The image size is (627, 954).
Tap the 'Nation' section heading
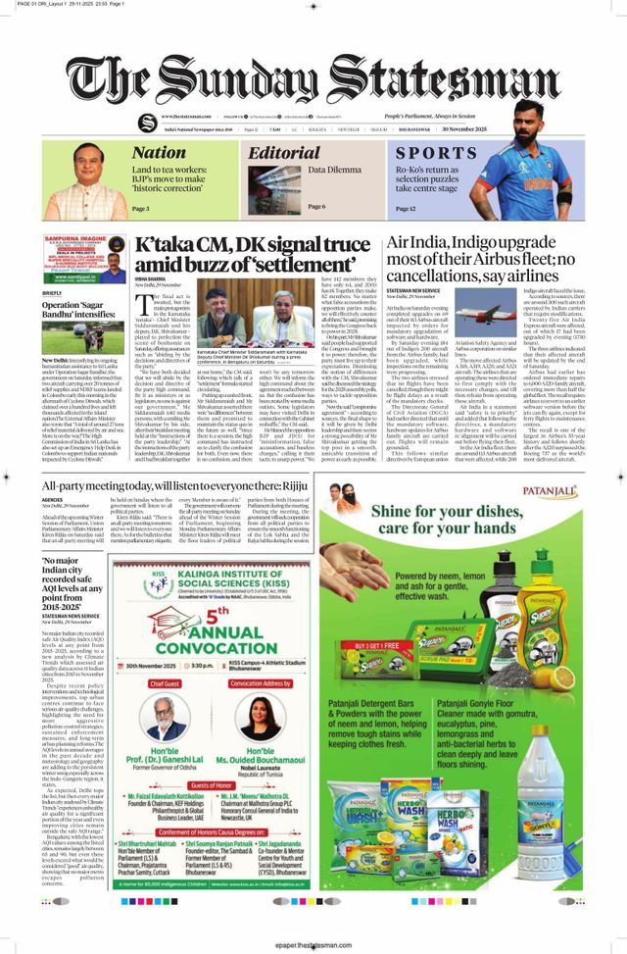(x=159, y=152)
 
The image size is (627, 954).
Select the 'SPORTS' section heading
(x=436, y=153)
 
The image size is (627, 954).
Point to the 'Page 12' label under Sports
(x=406, y=209)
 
